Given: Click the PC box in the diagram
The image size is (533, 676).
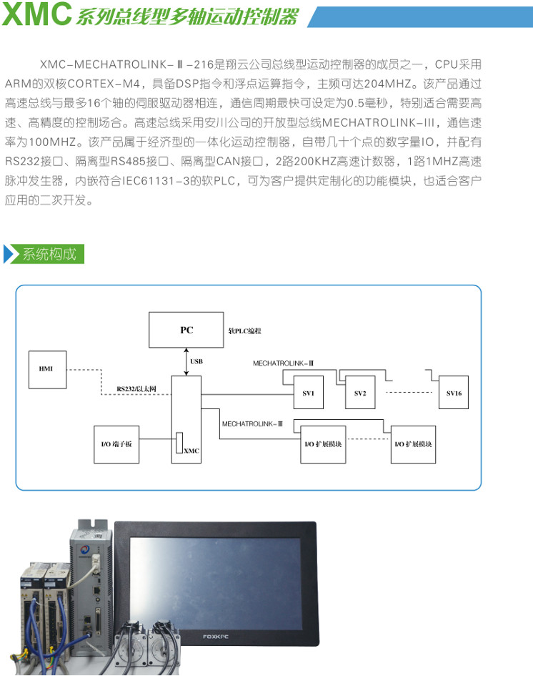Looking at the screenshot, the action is pos(186,330).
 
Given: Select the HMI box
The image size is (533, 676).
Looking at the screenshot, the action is pos(47,369).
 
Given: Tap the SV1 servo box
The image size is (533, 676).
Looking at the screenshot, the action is pos(308,392).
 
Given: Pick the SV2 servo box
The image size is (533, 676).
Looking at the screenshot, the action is pos(360,392).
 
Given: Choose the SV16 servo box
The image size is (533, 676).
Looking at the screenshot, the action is pos(454,392).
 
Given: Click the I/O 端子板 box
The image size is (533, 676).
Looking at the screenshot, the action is pos(116,444).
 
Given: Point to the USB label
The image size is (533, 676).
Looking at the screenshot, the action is pos(196,361).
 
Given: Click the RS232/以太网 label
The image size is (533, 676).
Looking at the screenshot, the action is pos(136,389).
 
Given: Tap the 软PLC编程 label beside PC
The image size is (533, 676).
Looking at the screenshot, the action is pos(244,331).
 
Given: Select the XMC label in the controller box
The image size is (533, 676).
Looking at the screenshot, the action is pos(191,451).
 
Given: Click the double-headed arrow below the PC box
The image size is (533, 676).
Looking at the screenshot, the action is pos(186,362).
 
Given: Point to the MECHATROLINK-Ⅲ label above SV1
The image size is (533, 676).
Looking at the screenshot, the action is pos(284,363).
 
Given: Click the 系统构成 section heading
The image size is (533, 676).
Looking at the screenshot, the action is pos(49,254).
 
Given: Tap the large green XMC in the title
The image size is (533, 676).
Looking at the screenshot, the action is pos(37,14).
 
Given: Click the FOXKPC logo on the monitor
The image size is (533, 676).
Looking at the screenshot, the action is pos(216,637).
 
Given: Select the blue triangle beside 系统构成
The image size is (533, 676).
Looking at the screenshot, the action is pos(8,254).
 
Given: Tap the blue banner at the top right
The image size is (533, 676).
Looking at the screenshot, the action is pos(420,17).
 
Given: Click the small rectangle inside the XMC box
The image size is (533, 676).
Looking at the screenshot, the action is pos(179,443).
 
